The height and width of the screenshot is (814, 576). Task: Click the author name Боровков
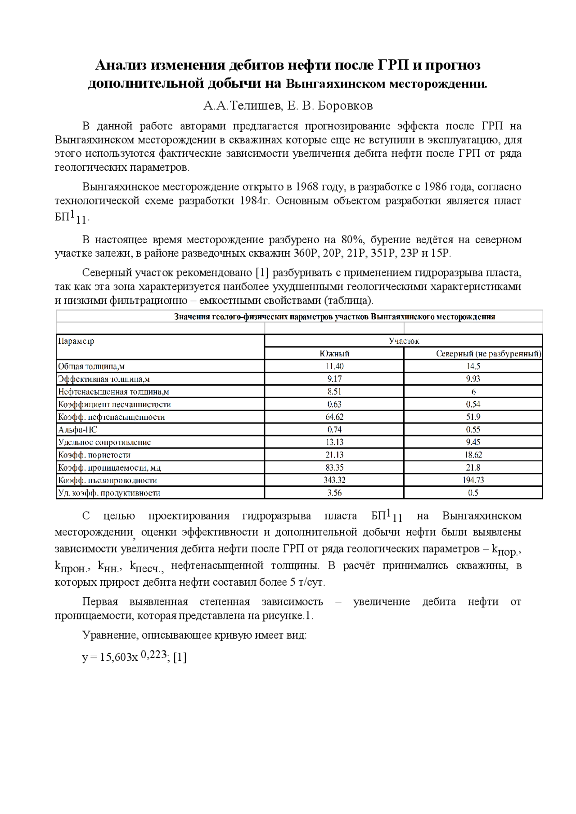345,106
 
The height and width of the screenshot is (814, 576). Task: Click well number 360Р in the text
305,254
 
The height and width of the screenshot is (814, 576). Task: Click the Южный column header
334,354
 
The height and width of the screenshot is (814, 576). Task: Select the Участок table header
404,341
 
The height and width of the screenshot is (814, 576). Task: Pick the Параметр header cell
76,341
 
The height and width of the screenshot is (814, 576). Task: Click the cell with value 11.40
334,366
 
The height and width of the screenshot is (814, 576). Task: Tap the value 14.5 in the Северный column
473,366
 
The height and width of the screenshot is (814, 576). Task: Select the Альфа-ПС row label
77,430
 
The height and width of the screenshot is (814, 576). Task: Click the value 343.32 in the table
334,480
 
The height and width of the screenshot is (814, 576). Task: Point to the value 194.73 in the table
473,480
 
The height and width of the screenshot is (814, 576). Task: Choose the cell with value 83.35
334,467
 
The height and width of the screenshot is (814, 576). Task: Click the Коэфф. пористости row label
94,455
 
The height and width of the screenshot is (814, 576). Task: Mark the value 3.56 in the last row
334,493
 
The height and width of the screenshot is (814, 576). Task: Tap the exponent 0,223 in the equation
153,654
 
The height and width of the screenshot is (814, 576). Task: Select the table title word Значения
192,317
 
